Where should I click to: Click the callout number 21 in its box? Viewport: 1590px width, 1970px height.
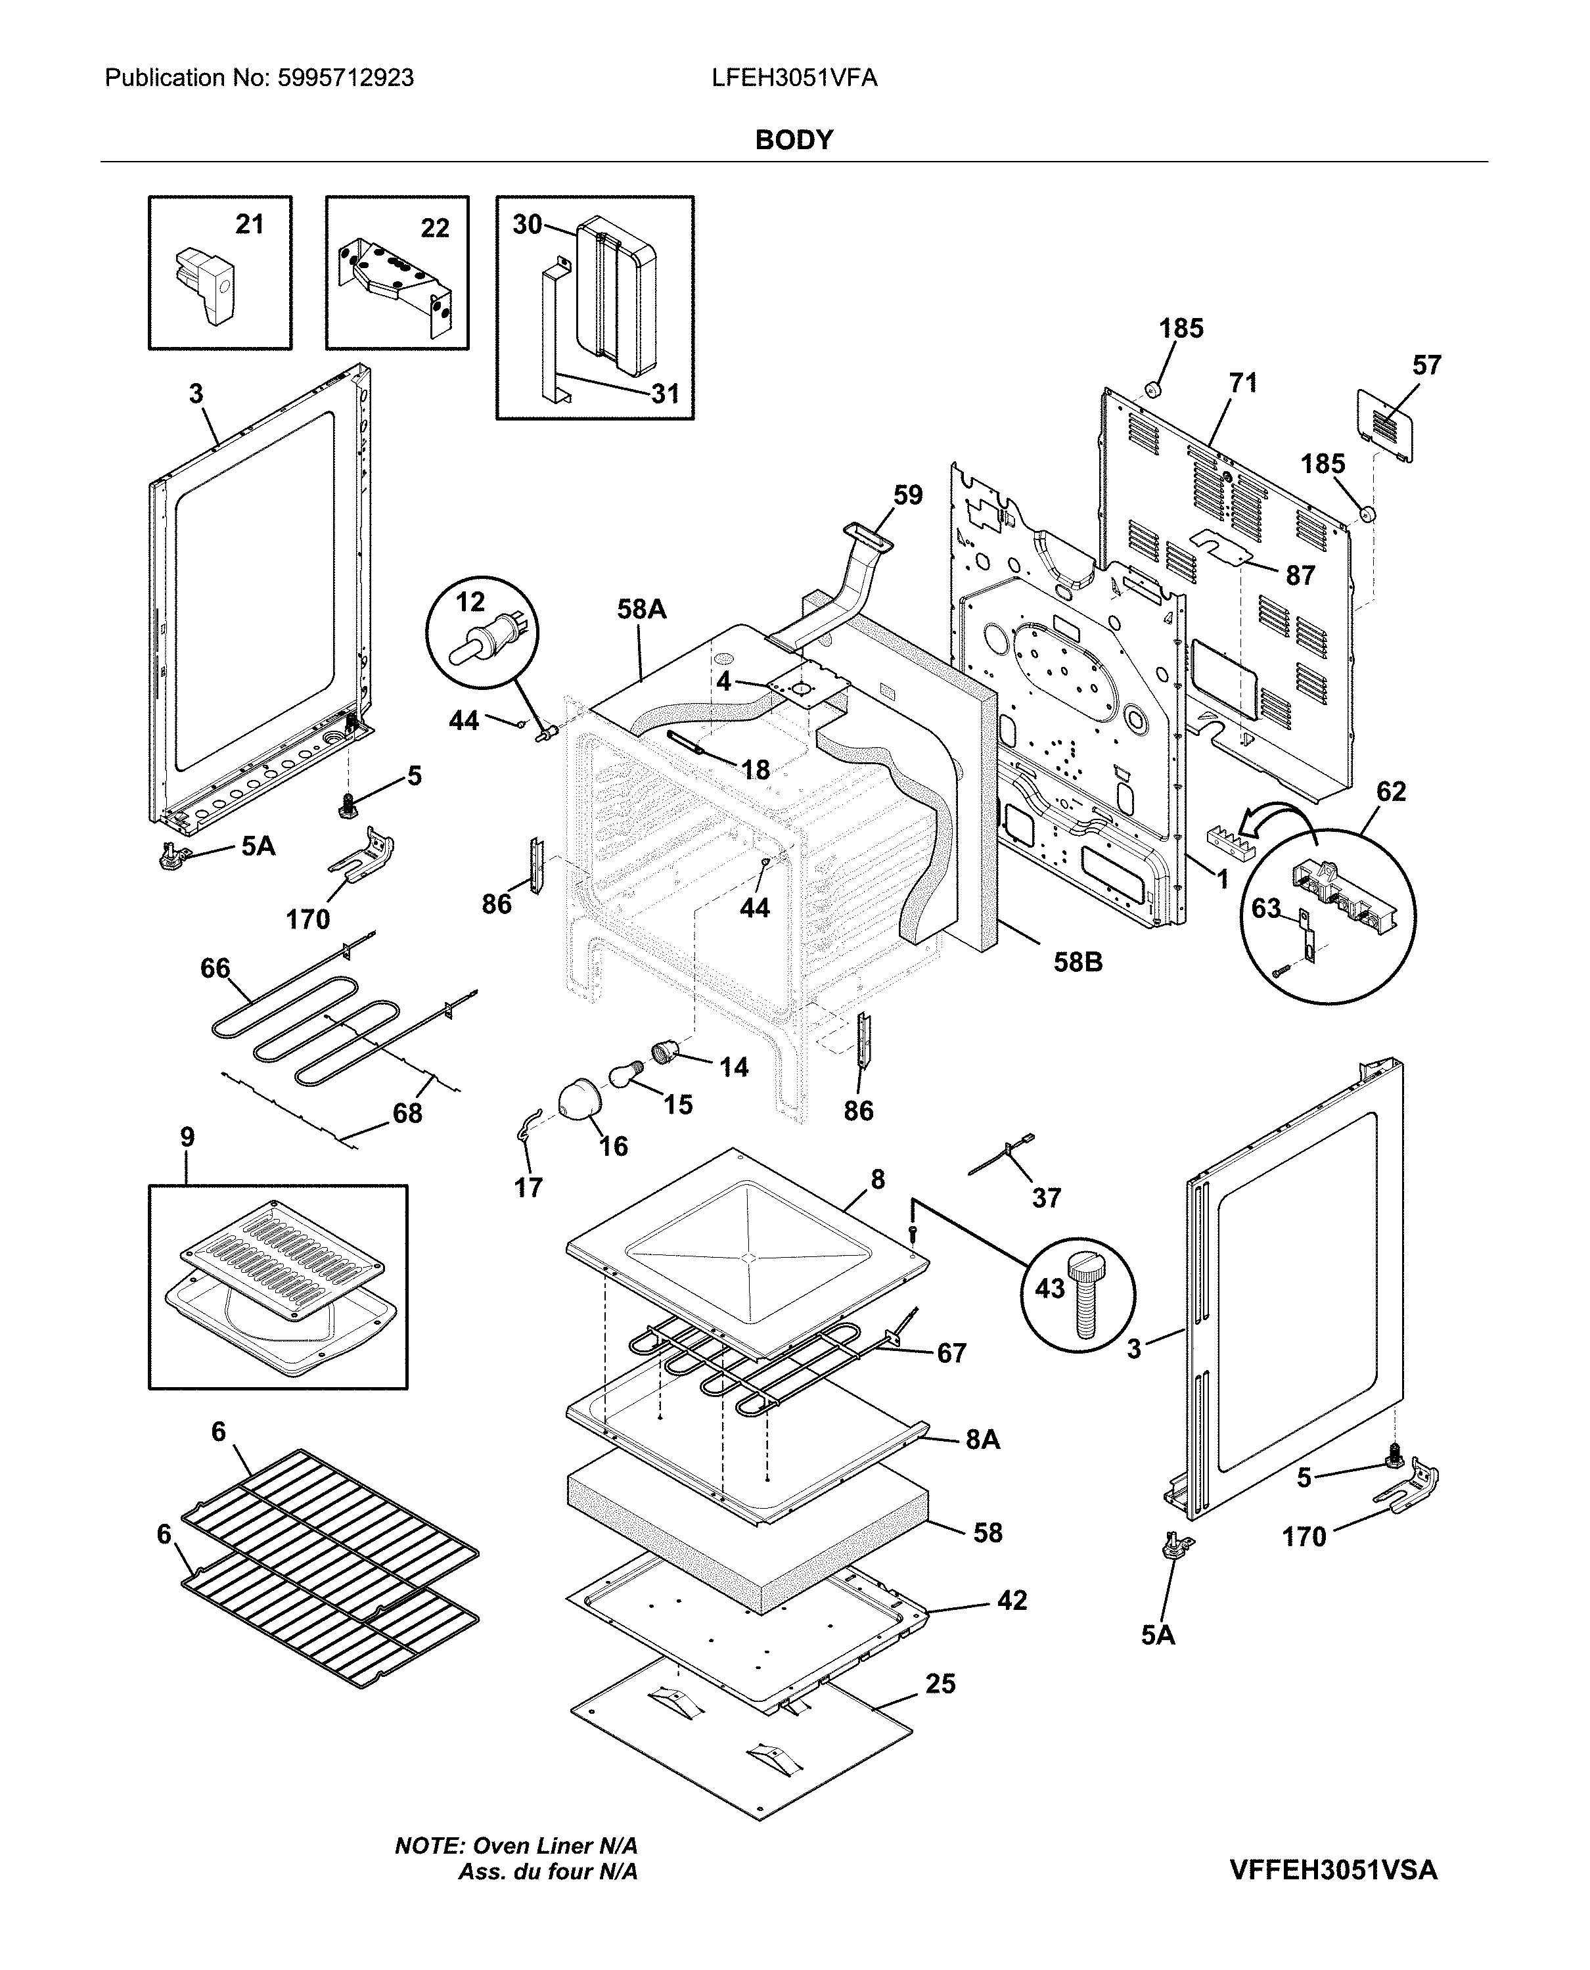249,224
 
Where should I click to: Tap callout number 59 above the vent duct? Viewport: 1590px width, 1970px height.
907,495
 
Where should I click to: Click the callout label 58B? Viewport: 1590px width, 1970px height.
1077,963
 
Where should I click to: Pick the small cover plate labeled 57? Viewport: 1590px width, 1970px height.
1383,425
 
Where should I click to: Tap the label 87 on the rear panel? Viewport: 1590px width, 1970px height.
1300,576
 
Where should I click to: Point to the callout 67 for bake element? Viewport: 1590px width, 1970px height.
951,1353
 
